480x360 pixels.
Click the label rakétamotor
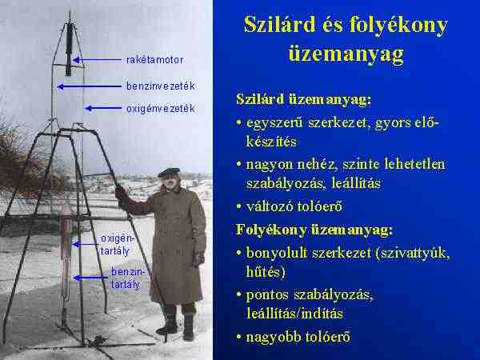pyautogui.click(x=155, y=60)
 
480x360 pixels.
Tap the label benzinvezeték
pyautogui.click(x=161, y=86)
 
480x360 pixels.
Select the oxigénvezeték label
pyautogui.click(x=161, y=109)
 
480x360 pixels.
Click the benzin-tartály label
pyautogui.click(x=126, y=278)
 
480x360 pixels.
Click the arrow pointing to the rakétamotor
pyautogui.click(x=97, y=60)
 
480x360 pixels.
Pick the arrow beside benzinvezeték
pyautogui.click(x=89, y=86)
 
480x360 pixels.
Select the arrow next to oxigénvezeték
pyautogui.click(x=103, y=108)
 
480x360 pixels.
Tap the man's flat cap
pyautogui.click(x=169, y=172)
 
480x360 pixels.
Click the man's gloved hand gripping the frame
pyautogui.click(x=121, y=193)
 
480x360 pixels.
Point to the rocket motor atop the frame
pyautogui.click(x=69, y=49)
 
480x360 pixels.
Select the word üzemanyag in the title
pyautogui.click(x=346, y=54)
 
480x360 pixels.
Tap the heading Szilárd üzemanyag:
pyautogui.click(x=303, y=100)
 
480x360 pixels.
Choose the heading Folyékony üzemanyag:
pyautogui.click(x=314, y=230)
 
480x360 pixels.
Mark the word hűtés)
pyautogui.click(x=266, y=272)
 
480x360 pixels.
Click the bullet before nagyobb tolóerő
pyautogui.click(x=239, y=337)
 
